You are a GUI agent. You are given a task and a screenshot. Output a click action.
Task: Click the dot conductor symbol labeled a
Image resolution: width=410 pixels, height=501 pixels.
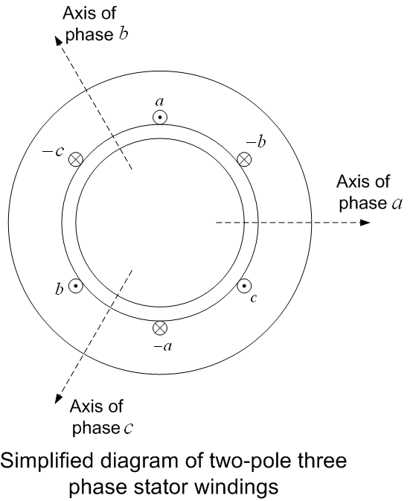click(160, 118)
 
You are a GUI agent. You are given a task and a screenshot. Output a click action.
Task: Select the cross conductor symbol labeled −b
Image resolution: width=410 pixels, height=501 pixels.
click(245, 159)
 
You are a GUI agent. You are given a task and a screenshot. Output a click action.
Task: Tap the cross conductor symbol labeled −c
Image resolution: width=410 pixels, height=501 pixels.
click(76, 159)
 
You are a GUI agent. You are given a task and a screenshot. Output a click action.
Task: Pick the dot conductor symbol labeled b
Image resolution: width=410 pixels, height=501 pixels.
click(76, 286)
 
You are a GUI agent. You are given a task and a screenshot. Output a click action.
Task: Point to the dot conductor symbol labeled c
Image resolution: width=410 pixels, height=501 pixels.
click(244, 286)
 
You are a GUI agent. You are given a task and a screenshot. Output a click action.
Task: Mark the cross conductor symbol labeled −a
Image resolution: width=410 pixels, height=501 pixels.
click(160, 328)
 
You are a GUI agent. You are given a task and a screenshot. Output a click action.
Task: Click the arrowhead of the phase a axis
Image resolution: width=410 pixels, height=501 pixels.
click(365, 223)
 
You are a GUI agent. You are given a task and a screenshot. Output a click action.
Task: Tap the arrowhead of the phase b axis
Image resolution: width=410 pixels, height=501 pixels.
click(59, 41)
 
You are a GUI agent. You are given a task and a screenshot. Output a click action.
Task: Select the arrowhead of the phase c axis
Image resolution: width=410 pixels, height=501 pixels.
click(59, 398)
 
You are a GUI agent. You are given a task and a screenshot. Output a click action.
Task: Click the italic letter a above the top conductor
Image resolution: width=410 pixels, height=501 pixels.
click(160, 102)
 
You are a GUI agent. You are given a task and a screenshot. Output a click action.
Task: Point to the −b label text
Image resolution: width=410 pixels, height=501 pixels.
click(257, 142)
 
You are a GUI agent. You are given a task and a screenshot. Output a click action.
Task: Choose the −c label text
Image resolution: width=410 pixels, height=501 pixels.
click(54, 151)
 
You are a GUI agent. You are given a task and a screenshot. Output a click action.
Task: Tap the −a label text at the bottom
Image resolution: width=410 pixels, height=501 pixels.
click(163, 346)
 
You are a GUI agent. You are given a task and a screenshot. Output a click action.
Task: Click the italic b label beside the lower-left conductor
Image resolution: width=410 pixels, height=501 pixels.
click(59, 289)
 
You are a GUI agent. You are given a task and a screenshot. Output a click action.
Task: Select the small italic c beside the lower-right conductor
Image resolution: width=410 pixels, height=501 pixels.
click(254, 299)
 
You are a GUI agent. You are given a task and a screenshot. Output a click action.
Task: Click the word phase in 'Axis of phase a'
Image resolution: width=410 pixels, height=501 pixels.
click(362, 203)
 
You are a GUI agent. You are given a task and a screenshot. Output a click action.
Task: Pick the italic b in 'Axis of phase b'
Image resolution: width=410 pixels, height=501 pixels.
click(124, 34)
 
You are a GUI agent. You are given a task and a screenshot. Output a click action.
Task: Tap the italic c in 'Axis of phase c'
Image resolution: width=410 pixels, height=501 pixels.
click(129, 429)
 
